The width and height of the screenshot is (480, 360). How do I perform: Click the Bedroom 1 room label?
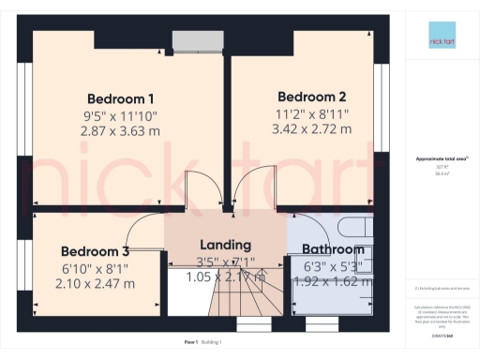pyautogui.click(x=121, y=98)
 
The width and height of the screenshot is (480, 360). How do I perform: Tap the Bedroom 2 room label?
pyautogui.click(x=312, y=96)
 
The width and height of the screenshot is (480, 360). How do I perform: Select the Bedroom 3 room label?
pyautogui.click(x=95, y=251)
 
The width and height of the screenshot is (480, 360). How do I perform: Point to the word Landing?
pyautogui.click(x=226, y=246)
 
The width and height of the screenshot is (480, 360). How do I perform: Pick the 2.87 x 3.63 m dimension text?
pyautogui.click(x=121, y=131)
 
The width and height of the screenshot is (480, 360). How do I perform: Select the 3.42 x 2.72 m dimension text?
pyautogui.click(x=312, y=127)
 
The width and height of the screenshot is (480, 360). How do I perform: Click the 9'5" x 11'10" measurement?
pyautogui.click(x=121, y=115)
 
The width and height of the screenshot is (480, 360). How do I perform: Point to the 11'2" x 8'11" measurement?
pyautogui.click(x=312, y=112)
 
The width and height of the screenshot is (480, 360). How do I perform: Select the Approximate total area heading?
pyautogui.click(x=441, y=158)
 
